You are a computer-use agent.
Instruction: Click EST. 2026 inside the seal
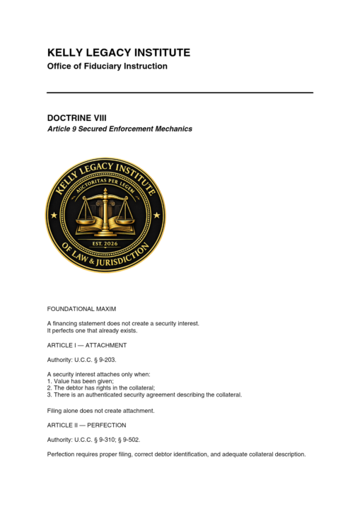(x=105, y=244)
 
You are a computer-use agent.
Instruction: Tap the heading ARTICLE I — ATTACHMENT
(x=86, y=345)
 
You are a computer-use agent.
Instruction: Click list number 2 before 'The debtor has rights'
(x=49, y=388)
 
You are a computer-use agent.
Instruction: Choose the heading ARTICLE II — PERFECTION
(x=86, y=425)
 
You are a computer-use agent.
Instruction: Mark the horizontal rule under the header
(x=180, y=93)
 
